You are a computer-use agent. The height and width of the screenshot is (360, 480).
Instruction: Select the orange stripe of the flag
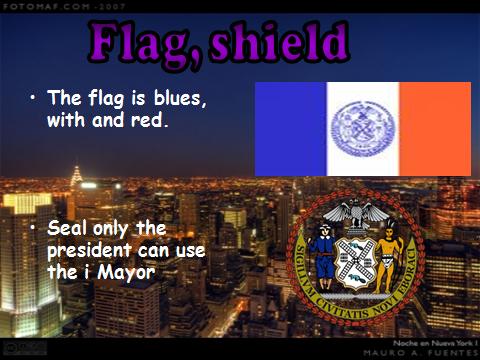[435, 129]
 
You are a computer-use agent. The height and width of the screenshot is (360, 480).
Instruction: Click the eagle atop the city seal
[359, 213]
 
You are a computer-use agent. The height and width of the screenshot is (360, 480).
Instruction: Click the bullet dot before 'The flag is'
[33, 97]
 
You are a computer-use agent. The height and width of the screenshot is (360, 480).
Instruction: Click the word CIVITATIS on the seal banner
[356, 301]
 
